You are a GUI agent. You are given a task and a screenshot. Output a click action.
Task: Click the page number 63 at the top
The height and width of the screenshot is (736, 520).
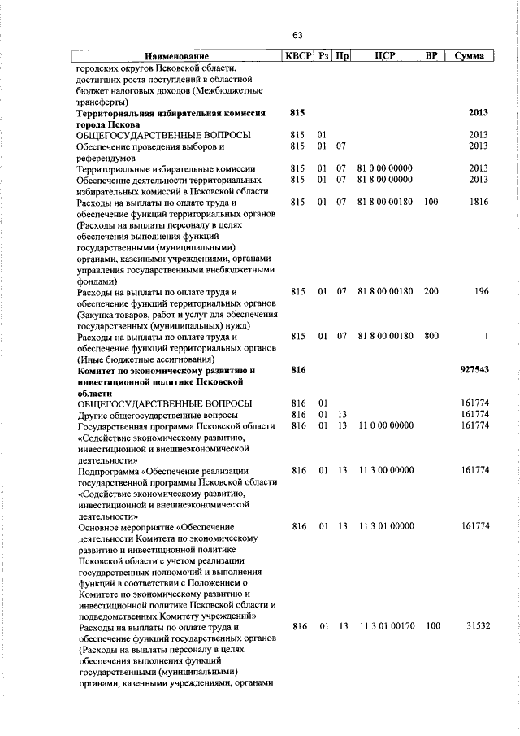297,35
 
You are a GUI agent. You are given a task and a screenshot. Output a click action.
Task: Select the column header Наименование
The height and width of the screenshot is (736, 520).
176,56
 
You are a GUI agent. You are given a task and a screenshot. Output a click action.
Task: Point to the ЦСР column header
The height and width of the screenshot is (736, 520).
385,56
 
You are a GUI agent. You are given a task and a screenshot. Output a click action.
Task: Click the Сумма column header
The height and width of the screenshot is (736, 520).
470,56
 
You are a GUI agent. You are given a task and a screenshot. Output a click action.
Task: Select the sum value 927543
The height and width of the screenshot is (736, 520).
472,370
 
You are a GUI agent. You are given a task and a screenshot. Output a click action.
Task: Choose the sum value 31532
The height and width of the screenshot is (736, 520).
475,627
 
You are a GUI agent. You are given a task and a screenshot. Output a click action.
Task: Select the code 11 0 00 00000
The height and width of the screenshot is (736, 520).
385,426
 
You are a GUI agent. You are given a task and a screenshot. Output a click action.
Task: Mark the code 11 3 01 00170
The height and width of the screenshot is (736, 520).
385,627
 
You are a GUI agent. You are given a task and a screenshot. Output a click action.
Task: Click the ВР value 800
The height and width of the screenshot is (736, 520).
431,336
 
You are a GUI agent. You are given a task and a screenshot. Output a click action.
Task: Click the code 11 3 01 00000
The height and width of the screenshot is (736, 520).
385,527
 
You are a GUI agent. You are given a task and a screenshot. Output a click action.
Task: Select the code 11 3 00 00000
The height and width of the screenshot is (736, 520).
385,471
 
